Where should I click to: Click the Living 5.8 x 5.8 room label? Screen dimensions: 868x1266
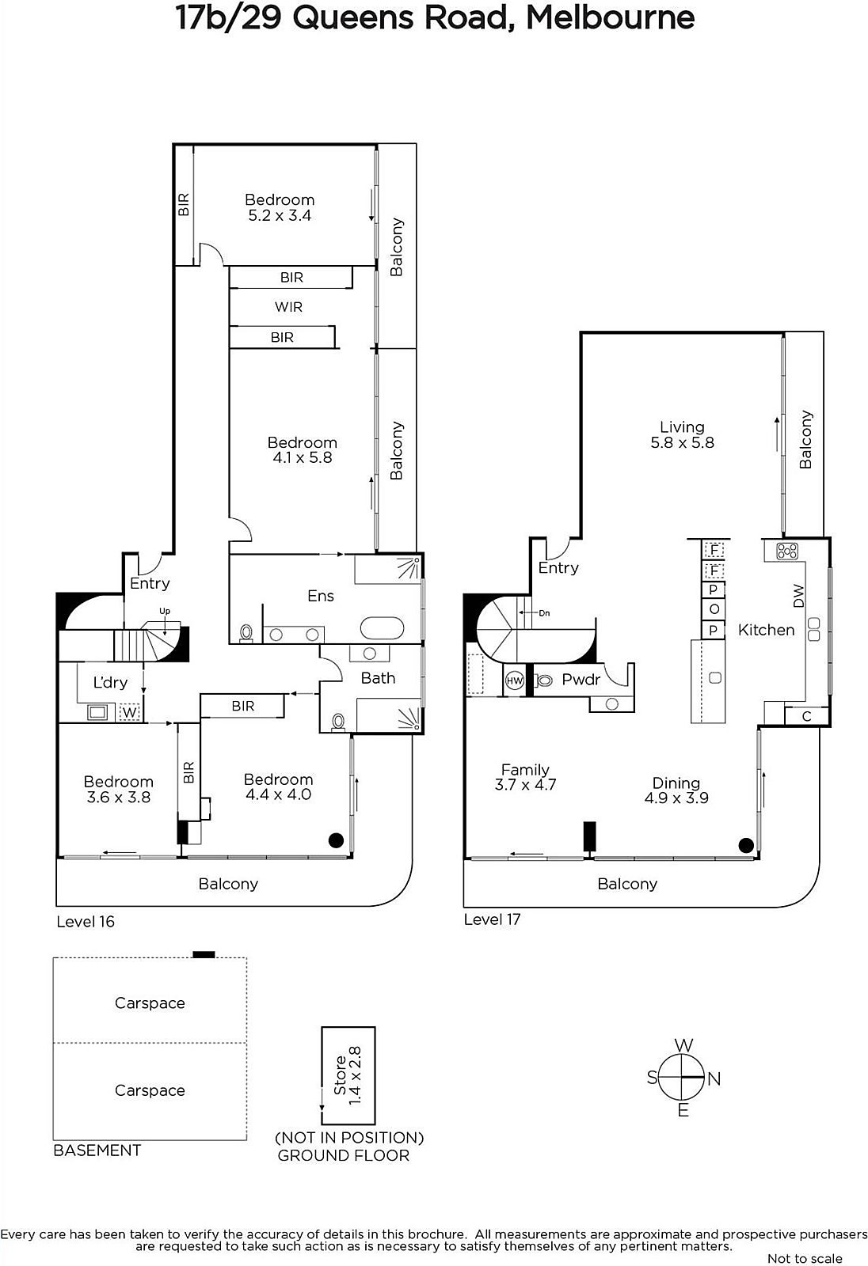682,434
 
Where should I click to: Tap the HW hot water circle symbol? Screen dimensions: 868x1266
514,680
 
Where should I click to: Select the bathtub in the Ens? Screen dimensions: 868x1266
383,628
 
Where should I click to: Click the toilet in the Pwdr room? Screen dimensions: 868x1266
544,680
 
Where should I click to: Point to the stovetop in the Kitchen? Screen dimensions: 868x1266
787,551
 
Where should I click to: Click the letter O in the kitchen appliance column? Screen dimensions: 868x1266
714,609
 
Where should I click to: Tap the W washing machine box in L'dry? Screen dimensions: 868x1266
130,712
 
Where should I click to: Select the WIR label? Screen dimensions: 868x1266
288,307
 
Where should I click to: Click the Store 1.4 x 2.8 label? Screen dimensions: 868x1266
348,1075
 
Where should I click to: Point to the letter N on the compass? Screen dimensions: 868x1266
714,1079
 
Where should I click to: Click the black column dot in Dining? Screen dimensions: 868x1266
746,845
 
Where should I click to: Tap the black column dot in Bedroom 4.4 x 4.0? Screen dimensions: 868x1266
336,840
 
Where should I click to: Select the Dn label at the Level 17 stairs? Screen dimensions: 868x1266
544,612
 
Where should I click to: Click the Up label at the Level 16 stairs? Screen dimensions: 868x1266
165,611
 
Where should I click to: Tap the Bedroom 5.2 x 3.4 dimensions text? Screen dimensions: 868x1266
280,215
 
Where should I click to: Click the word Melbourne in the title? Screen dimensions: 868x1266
610,17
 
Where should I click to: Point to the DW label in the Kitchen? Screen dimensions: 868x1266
798,596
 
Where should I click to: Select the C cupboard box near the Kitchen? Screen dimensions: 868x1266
807,716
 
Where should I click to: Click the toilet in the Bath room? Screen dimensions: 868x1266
338,722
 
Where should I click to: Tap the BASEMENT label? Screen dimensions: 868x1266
97,1150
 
